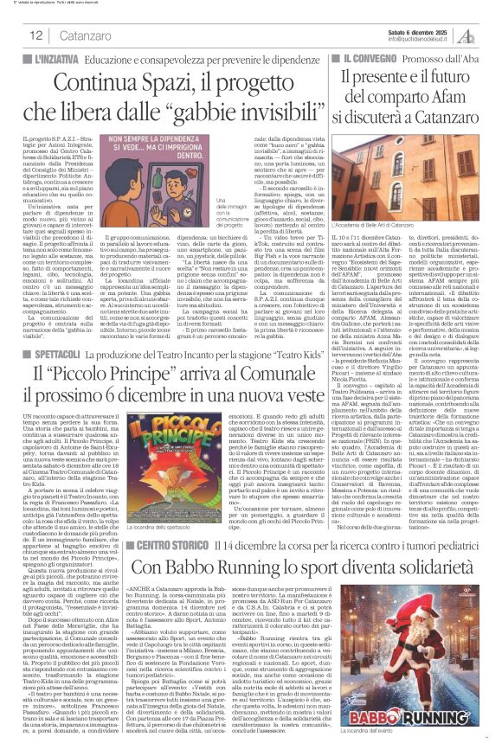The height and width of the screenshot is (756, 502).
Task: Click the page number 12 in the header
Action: (36, 35)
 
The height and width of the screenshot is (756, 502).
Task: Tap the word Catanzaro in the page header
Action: (85, 35)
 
